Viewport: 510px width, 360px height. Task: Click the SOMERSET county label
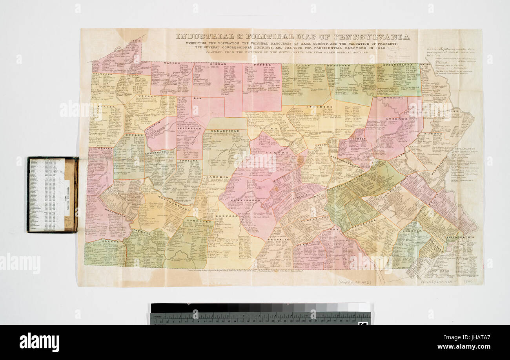click(x=195, y=221)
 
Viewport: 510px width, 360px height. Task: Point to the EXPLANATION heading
click(x=464, y=149)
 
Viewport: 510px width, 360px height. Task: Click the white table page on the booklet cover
click(x=47, y=195)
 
